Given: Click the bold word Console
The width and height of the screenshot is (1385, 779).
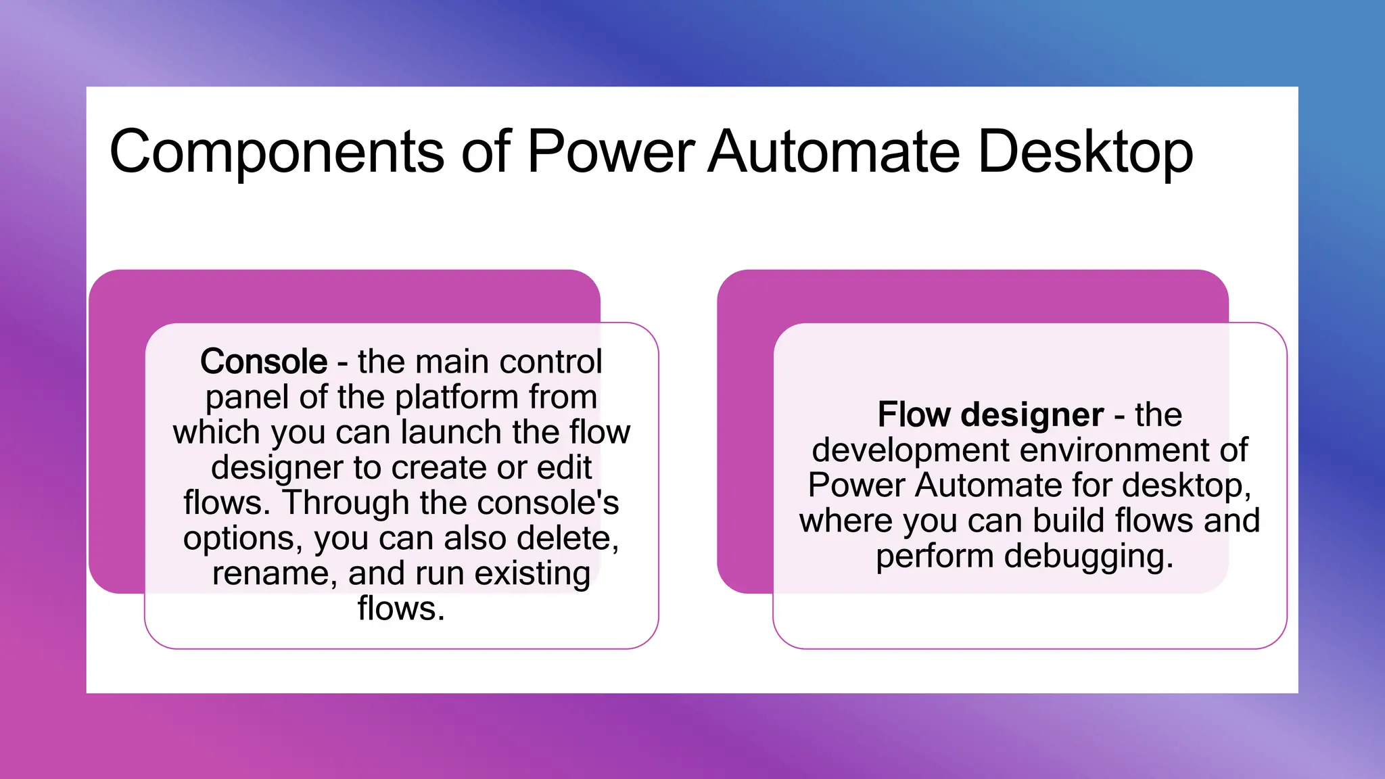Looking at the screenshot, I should click(x=264, y=362).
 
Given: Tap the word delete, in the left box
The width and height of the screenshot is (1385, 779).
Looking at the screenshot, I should click(x=568, y=538).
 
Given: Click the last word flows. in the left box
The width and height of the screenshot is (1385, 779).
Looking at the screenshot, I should click(x=401, y=609).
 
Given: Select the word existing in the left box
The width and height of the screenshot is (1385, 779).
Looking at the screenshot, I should click(x=532, y=574).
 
